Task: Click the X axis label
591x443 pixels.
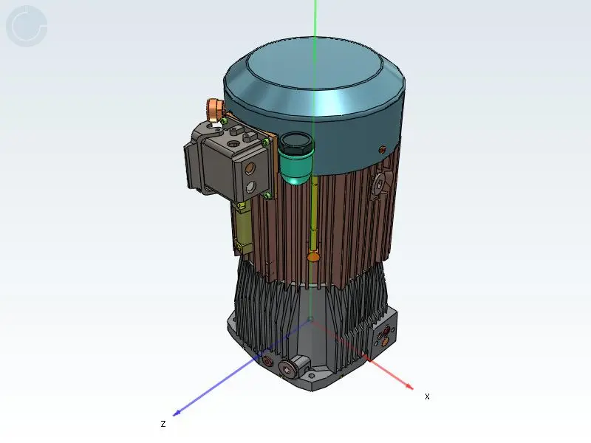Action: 427,396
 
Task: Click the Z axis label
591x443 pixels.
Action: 163,423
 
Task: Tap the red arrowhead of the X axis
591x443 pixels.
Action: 409,385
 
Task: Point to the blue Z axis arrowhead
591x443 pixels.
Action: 177,413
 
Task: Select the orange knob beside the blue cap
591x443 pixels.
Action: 214,109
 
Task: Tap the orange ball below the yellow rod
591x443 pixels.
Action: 312,257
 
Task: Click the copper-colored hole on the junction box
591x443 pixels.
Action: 250,169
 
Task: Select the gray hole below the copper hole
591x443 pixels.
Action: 250,187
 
